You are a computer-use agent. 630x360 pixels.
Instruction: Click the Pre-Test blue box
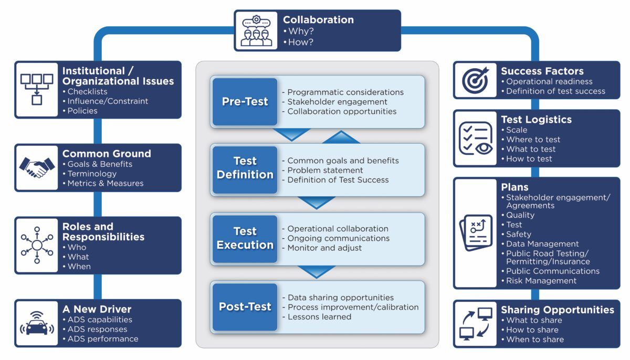coord(245,101)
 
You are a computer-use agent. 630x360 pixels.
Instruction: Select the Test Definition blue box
coord(245,168)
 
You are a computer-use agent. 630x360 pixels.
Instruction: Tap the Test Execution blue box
coord(245,238)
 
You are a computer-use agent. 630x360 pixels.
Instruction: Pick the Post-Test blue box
coord(245,307)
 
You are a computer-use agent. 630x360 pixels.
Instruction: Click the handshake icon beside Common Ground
coord(37,167)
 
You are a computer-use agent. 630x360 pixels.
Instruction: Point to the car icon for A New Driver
coord(37,323)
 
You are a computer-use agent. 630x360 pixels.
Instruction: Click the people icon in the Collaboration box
coord(256,31)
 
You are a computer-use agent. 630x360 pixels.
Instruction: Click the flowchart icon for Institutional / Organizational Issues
coord(37,89)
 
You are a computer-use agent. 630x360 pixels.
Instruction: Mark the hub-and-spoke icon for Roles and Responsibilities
coord(37,245)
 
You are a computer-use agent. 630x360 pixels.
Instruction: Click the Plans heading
coord(514,187)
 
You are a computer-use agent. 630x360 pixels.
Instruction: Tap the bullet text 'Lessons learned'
coord(319,316)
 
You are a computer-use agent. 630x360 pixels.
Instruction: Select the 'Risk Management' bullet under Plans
coord(541,281)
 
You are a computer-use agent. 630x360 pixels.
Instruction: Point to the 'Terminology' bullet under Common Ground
coord(92,174)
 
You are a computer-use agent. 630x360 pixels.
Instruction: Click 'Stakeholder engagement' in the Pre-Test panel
coord(337,102)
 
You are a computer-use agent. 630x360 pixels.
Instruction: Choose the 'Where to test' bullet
coord(533,140)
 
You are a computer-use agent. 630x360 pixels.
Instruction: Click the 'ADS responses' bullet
coord(97,329)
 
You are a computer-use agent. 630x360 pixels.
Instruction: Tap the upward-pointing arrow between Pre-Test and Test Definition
coord(341,137)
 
